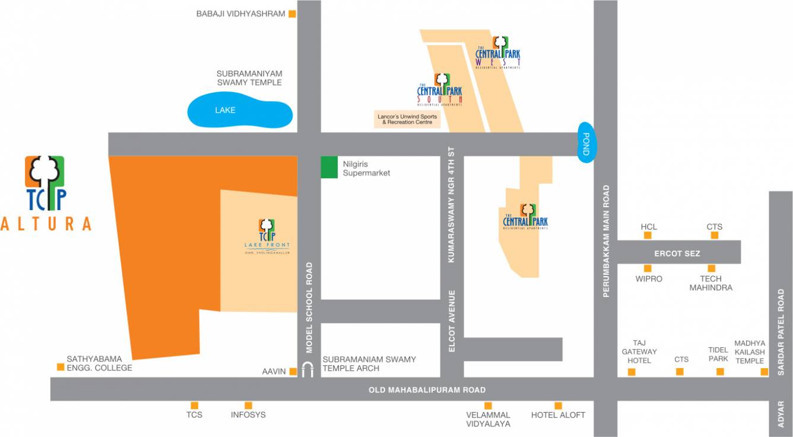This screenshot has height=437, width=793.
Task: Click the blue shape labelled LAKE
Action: (x=240, y=111)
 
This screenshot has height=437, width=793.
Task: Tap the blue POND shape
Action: (x=586, y=143)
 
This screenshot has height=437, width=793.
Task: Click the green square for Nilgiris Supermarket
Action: (x=329, y=167)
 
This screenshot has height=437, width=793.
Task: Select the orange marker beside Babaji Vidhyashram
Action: (x=292, y=14)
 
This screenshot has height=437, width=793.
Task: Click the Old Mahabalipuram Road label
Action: (x=427, y=390)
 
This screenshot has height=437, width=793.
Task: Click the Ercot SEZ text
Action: (x=677, y=254)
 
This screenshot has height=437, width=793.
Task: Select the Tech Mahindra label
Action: (x=710, y=283)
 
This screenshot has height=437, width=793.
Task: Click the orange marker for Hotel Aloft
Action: (x=558, y=406)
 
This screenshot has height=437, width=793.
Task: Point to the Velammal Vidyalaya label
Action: (x=488, y=419)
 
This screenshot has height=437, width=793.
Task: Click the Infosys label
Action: (x=248, y=415)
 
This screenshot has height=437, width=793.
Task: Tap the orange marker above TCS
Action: (x=194, y=406)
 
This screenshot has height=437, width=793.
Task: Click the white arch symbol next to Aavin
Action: (x=307, y=370)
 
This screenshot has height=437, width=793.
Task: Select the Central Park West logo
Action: (x=499, y=53)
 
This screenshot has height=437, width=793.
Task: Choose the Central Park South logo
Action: (x=439, y=90)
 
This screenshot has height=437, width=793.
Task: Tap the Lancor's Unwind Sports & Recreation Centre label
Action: (x=407, y=119)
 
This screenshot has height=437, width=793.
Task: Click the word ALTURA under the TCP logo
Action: (x=46, y=224)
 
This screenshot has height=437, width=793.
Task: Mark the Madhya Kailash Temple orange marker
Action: (x=765, y=372)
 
